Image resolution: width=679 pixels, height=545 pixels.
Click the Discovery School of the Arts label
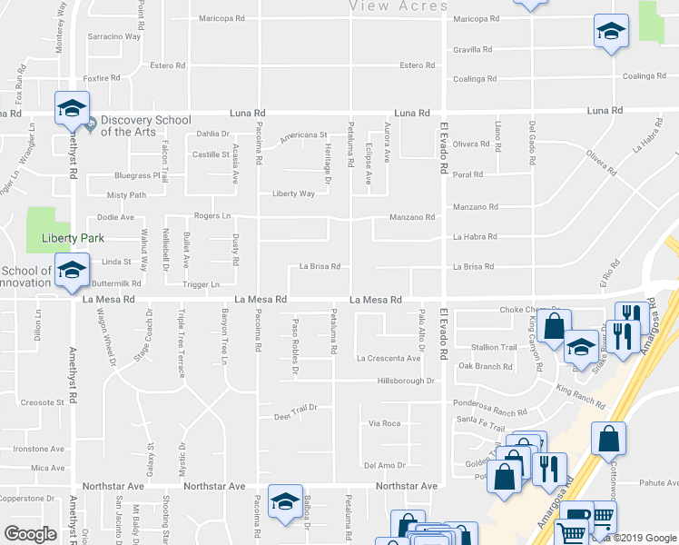click(x=145, y=125)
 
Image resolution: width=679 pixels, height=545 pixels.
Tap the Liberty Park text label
click(x=74, y=239)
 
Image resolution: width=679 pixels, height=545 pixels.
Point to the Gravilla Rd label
click(x=473, y=49)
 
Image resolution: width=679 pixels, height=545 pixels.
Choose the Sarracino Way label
click(x=113, y=36)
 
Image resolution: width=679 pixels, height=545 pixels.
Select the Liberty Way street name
click(x=294, y=193)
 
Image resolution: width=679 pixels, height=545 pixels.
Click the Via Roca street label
click(x=384, y=423)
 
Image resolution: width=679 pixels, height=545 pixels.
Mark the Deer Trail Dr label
click(x=295, y=417)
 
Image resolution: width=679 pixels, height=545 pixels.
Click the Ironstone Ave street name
click(x=38, y=449)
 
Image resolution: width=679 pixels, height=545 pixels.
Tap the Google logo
click(x=31, y=533)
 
